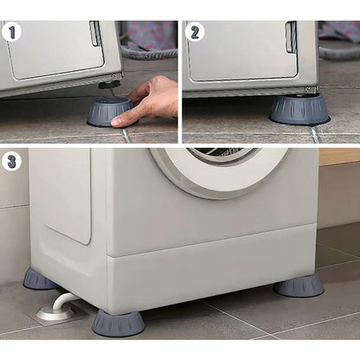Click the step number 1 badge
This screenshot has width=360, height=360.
coord(11,32)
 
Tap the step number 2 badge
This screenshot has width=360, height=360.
coord(195,33)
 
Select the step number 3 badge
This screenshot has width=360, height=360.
coord(11,162)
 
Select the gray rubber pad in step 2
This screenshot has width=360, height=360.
coord(299,109)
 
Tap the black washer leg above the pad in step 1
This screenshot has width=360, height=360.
coord(109,85)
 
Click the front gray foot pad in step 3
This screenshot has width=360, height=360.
coord(119,324)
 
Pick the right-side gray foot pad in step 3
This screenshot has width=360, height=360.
coord(299,286)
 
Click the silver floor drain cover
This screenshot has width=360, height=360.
coord(55,313)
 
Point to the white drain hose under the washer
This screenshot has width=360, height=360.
coord(62,301)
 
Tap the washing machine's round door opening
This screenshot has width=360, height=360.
coord(219,170)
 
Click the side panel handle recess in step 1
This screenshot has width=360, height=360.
coord(95,33)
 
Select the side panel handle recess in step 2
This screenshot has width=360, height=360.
coord(291,37)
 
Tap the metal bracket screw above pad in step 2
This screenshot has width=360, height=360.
coord(309,88)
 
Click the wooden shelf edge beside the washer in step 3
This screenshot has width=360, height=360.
coord(339,157)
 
